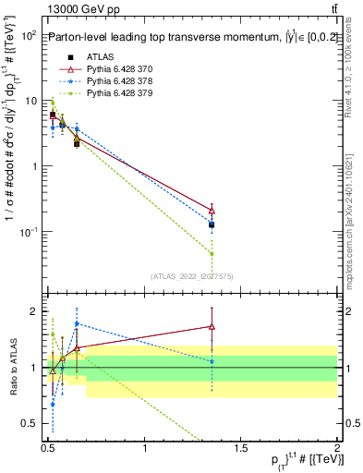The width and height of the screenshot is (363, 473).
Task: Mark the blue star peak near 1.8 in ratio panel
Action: [x=77, y=324]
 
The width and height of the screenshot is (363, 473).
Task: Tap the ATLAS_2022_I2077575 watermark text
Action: [x=190, y=276]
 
